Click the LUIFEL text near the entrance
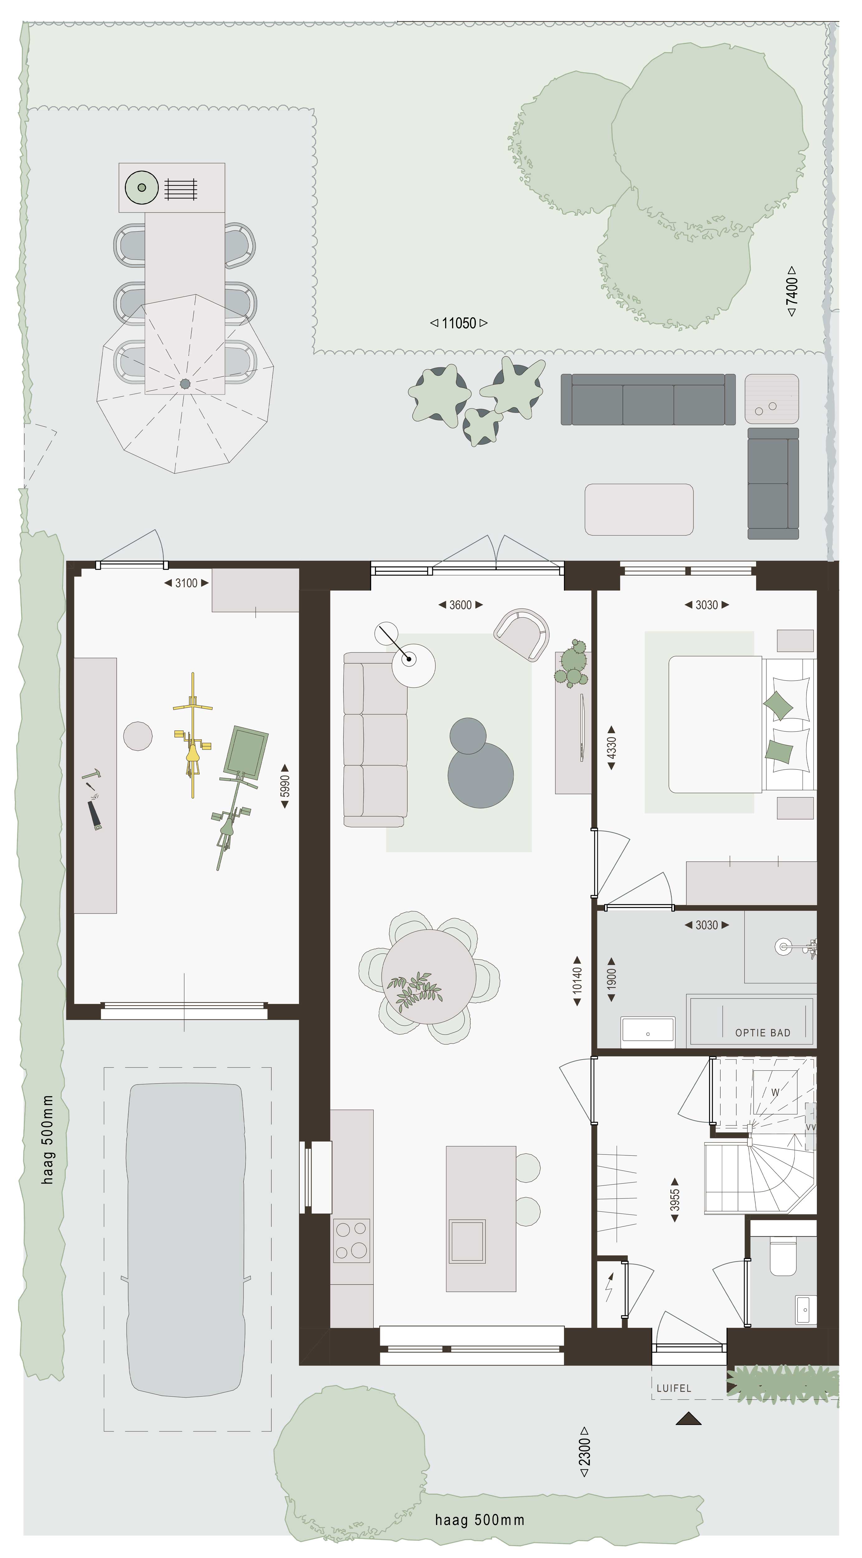click(x=673, y=1388)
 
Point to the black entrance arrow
click(x=689, y=1418)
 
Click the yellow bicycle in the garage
click(x=192, y=735)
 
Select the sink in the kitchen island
click(x=467, y=1241)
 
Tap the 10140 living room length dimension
click(x=577, y=980)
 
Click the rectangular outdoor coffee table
click(x=639, y=509)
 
